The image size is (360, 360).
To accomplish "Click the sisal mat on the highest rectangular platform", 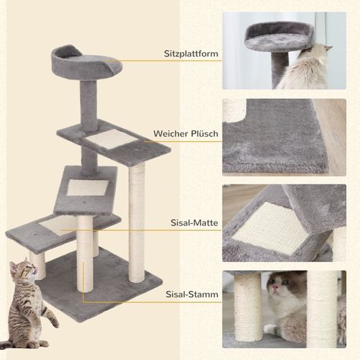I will [x=108, y=138].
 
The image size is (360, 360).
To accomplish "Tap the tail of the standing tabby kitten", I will [x=49, y=317].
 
